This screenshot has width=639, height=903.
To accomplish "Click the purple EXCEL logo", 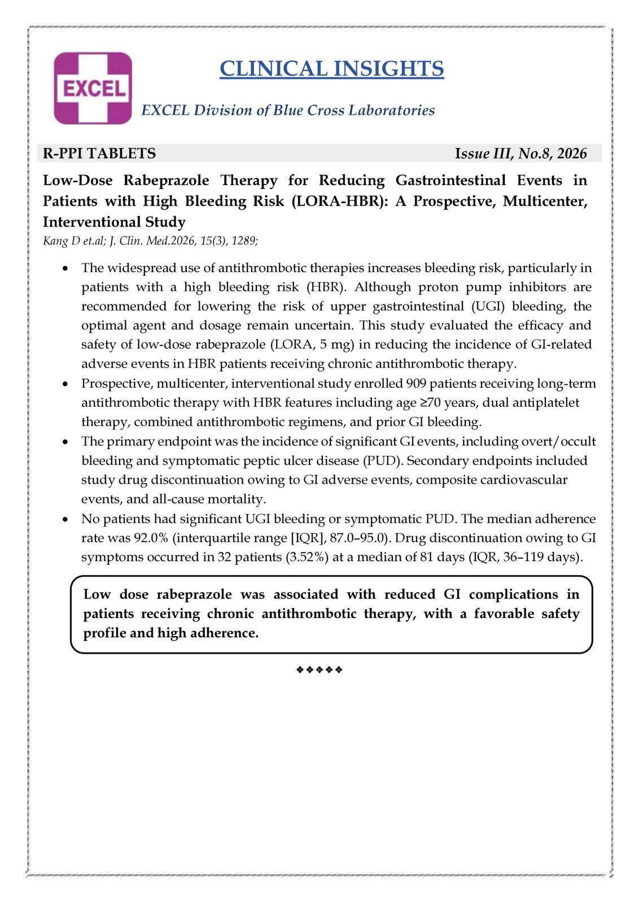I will click(93, 88).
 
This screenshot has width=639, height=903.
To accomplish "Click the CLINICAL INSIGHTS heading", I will click(331, 69).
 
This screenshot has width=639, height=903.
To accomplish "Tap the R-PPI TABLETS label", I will click(99, 154).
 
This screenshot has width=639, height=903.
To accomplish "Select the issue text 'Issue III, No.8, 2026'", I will click(520, 154).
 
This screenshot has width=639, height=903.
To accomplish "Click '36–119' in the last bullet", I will click(525, 557).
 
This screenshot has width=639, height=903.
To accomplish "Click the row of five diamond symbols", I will click(319, 670).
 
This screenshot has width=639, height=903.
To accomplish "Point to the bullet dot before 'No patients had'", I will click(67, 519).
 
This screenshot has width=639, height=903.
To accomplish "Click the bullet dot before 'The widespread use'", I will click(67, 269).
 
